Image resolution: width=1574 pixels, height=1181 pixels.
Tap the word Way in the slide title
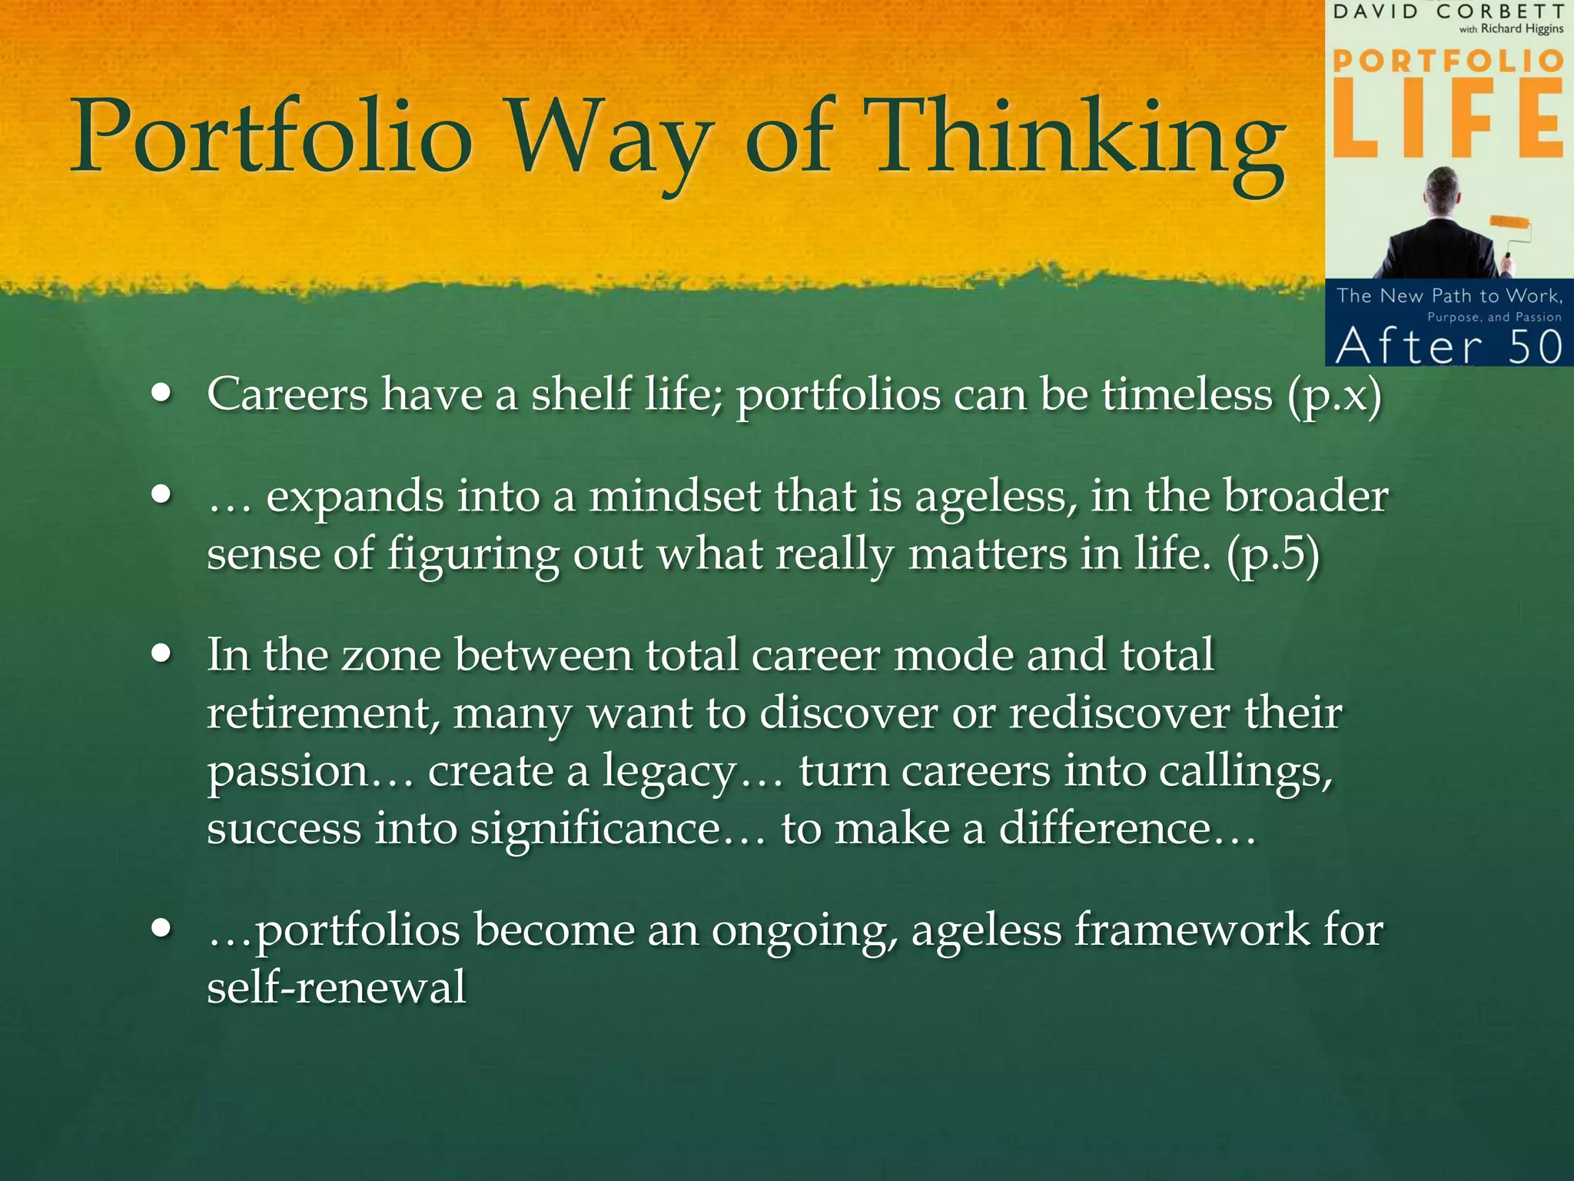click(x=607, y=138)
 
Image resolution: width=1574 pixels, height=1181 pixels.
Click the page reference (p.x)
click(x=1334, y=397)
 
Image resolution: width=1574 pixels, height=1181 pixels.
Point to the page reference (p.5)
click(x=1273, y=555)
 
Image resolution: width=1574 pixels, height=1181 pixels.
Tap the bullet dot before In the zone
click(x=161, y=654)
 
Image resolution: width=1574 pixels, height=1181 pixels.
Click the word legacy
click(x=669, y=772)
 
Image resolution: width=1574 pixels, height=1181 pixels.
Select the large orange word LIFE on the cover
click(x=1448, y=119)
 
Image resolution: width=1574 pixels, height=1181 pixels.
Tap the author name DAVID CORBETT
click(x=1448, y=12)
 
